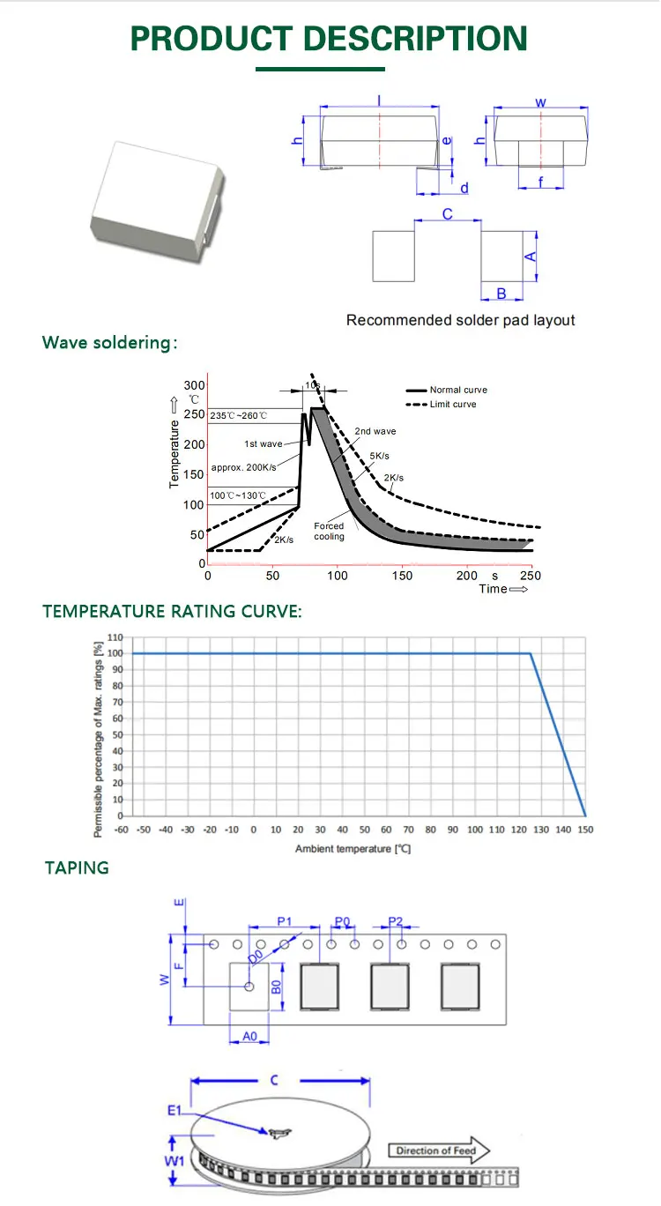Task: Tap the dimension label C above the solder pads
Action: click(x=447, y=214)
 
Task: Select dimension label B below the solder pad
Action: click(x=501, y=294)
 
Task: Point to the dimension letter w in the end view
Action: click(x=540, y=103)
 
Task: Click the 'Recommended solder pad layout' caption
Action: click(x=460, y=320)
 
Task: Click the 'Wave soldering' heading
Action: click(x=109, y=343)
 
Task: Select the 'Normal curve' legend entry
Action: click(x=457, y=390)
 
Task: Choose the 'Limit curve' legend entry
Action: click(x=452, y=404)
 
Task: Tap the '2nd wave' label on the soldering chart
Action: click(x=375, y=431)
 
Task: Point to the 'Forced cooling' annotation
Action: click(x=329, y=531)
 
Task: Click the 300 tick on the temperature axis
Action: click(x=194, y=386)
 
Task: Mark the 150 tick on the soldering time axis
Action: click(x=402, y=576)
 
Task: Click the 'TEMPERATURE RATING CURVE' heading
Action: click(x=172, y=611)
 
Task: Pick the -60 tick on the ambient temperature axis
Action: click(x=122, y=830)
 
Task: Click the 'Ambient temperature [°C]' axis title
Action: click(x=353, y=848)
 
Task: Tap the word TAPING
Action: click(x=78, y=867)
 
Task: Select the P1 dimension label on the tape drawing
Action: click(x=285, y=921)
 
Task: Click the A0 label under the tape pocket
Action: click(x=249, y=1037)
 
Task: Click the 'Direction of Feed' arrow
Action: click(x=438, y=1150)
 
